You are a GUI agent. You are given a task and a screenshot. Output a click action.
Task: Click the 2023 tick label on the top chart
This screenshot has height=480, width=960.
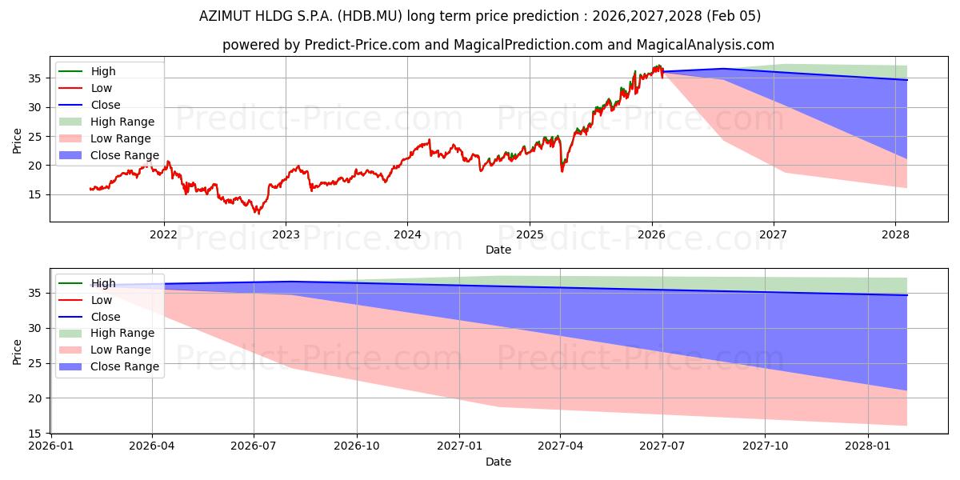coord(286,234)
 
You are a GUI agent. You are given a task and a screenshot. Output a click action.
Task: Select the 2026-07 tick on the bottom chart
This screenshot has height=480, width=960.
coord(254,446)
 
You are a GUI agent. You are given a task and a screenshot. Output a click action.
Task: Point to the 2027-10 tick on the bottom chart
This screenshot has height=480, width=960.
coord(764,446)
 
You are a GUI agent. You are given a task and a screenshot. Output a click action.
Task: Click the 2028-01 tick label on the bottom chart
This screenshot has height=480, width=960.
coord(866,446)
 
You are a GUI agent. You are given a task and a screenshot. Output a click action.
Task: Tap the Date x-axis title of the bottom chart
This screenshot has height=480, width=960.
coord(498,462)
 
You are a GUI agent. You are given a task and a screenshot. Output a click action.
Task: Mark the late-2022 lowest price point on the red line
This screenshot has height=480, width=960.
coord(258,213)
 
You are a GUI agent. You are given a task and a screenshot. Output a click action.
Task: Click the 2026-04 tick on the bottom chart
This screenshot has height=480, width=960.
coord(152,446)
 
